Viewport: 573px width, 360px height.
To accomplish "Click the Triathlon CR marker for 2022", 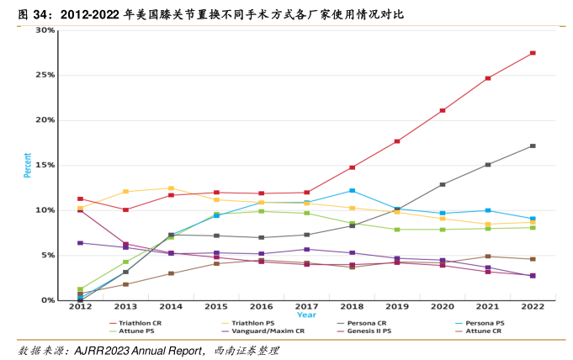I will coord(533,53).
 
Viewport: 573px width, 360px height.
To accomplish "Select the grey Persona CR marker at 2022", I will coord(533,146).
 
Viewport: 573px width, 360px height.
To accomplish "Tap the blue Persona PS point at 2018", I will coord(352,191).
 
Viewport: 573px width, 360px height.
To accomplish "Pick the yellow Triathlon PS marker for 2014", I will coord(171,188).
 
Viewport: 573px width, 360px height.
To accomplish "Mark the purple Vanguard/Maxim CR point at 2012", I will coord(80,243).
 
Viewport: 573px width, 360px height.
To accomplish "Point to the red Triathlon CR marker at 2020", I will coord(443,110).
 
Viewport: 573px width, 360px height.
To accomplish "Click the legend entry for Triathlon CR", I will coord(140,323).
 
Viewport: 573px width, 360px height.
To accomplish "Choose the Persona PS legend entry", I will coord(485,323).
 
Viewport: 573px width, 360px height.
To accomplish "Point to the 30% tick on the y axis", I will coord(45,30).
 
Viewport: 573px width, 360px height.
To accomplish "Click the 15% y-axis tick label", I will coord(45,165).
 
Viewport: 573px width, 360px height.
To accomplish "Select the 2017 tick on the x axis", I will coord(306,308).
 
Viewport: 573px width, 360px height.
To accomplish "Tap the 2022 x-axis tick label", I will coord(533,308).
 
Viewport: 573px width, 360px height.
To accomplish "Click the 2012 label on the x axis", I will coord(80,308).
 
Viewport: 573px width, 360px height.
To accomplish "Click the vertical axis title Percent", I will coord(27,165).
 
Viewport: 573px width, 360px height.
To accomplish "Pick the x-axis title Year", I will coord(306,315).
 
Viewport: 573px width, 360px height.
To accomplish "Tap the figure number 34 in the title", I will coord(39,14).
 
